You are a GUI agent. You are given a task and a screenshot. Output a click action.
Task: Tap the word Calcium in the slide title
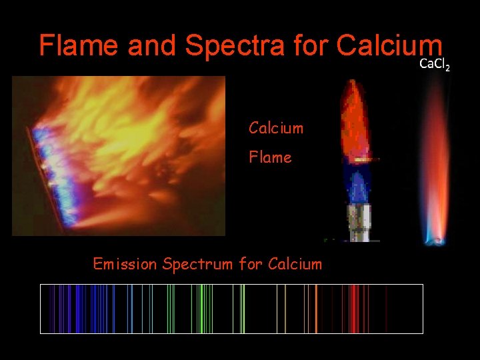coord(389,45)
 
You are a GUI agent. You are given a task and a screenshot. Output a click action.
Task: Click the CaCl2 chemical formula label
coord(434,65)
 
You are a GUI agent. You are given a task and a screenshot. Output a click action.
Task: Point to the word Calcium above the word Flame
coord(276,127)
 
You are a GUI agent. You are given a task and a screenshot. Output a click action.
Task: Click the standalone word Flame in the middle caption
coord(270,157)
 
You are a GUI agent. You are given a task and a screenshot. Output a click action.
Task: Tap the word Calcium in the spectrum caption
coord(295,264)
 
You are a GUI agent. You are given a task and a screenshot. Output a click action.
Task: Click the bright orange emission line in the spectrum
coord(316,309)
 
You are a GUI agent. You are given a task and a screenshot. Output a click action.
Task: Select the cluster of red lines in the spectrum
coord(351,309)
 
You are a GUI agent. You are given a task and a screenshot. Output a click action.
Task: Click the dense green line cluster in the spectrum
coord(204,309)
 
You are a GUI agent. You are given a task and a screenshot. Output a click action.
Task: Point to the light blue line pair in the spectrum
coord(131,309)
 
